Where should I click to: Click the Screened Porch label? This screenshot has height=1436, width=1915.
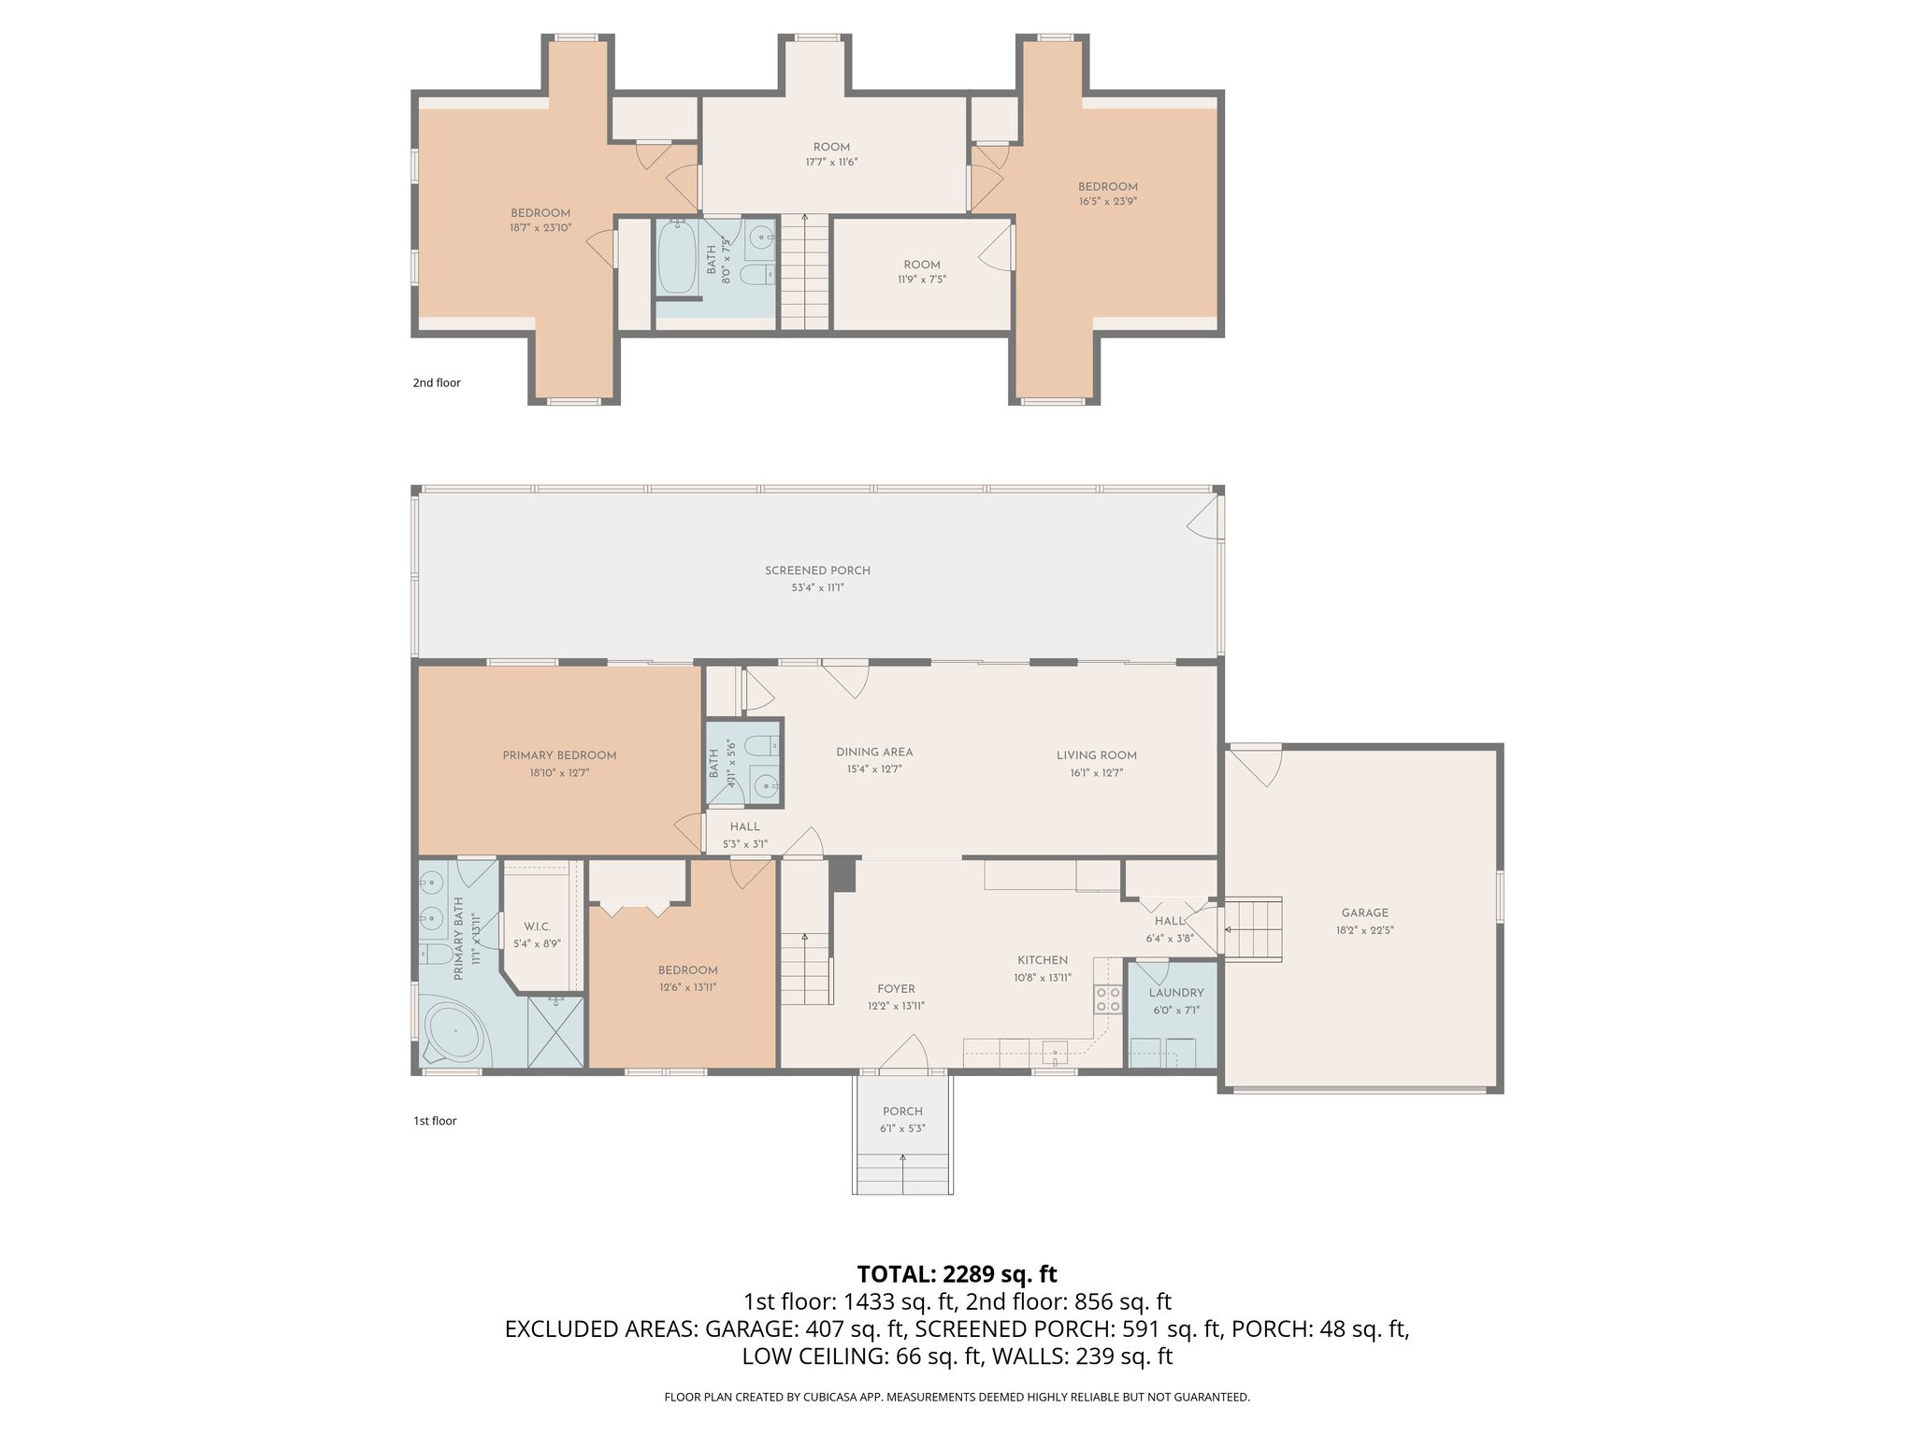click(x=817, y=570)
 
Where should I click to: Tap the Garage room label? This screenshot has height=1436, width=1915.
click(x=1364, y=912)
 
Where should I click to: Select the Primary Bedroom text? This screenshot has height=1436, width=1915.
click(x=559, y=755)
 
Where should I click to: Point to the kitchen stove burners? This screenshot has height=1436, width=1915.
click(x=1108, y=999)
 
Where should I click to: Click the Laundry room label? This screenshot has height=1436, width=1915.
click(x=1175, y=993)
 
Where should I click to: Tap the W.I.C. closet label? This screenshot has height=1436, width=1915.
click(x=537, y=926)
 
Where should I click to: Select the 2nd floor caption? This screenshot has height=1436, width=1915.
click(x=437, y=382)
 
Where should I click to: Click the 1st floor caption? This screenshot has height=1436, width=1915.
click(x=435, y=1121)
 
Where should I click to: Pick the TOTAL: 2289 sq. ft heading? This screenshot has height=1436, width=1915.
click(x=957, y=1274)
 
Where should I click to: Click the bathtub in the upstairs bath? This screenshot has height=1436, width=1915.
click(x=676, y=256)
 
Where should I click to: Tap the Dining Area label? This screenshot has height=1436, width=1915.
click(x=874, y=752)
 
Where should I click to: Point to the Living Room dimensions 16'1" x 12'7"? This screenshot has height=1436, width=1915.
click(x=1096, y=773)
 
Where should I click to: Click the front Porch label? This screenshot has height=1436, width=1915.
click(x=902, y=1112)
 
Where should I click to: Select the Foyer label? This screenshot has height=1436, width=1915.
click(x=896, y=988)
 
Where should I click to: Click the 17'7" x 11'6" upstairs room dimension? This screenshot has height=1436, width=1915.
click(x=831, y=163)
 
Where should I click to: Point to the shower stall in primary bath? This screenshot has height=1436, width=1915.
click(x=555, y=1032)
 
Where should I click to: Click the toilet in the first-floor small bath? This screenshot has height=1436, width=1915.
click(x=767, y=745)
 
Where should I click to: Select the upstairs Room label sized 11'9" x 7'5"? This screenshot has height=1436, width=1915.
click(x=922, y=265)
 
